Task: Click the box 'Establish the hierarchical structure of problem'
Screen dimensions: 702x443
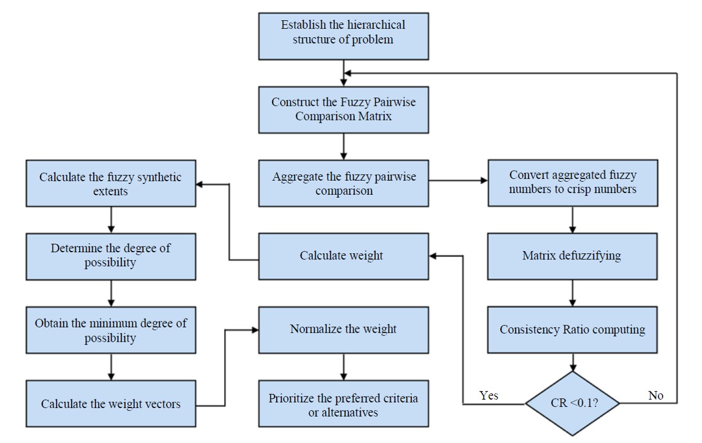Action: (344, 37)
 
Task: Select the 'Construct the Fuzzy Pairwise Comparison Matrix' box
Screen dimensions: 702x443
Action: (344, 110)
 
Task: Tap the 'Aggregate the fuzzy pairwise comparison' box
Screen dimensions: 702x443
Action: (344, 184)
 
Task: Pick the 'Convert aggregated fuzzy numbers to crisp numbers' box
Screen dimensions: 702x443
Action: (573, 183)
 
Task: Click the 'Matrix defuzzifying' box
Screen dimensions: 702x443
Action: (572, 257)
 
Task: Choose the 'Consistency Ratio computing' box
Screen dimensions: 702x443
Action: (572, 330)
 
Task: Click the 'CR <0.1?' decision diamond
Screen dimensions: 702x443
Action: (572, 403)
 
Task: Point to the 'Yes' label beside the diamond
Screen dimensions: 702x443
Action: (488, 395)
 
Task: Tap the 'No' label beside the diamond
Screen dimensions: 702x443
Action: (656, 395)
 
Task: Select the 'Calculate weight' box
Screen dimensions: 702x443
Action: (344, 257)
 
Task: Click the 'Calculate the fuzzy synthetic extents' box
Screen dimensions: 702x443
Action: (111, 184)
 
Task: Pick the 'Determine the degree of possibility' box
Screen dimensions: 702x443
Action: (111, 257)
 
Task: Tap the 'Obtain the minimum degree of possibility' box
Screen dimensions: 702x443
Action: (111, 330)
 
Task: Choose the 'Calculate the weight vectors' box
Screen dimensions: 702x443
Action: (111, 404)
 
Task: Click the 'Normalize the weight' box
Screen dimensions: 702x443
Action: (344, 330)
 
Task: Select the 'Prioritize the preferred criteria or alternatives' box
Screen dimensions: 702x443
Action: (344, 404)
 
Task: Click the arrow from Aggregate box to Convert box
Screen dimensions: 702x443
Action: (458, 180)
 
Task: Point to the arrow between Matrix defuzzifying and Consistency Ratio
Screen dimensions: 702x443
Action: (572, 293)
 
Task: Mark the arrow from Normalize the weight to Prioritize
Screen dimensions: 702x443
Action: (344, 367)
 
